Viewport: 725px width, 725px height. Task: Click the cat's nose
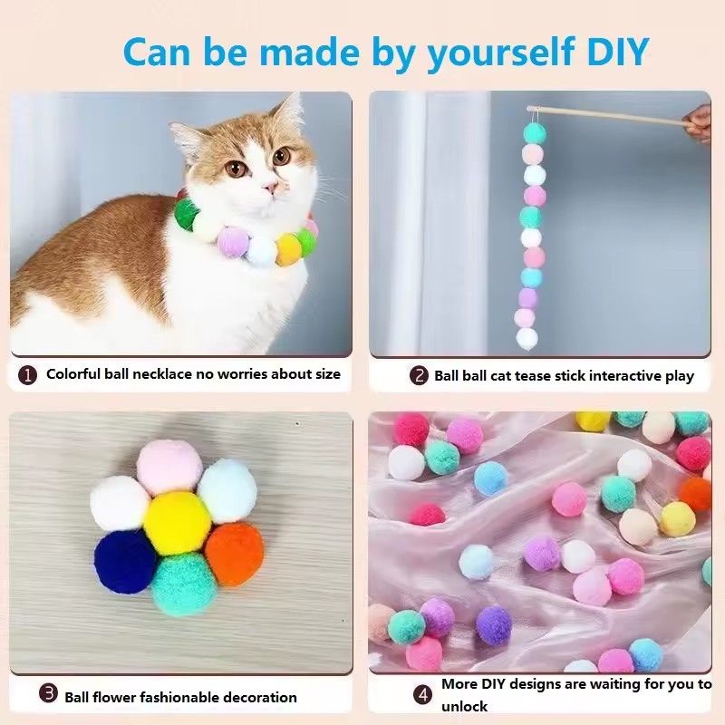pyautogui.click(x=269, y=188)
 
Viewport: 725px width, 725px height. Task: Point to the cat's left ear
pyautogui.click(x=289, y=115)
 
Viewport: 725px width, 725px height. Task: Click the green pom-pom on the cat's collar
pyautogui.click(x=187, y=214)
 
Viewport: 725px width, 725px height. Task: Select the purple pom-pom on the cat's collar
pyautogui.click(x=234, y=242)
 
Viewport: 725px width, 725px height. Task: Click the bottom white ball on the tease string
pyautogui.click(x=527, y=339)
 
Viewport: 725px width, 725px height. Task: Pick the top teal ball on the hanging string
pyautogui.click(x=535, y=134)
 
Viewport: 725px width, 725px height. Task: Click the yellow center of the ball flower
pyautogui.click(x=177, y=524)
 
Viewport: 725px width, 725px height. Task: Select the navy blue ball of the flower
pyautogui.click(x=126, y=560)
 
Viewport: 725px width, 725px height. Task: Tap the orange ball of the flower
pyautogui.click(x=233, y=554)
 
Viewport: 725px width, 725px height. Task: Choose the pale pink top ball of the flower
pyautogui.click(x=169, y=467)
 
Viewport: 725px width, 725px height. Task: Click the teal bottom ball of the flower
pyautogui.click(x=185, y=585)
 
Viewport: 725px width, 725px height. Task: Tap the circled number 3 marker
pyautogui.click(x=49, y=694)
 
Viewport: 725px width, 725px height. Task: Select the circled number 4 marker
pyautogui.click(x=423, y=695)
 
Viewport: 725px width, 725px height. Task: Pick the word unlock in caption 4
pyautogui.click(x=465, y=707)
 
